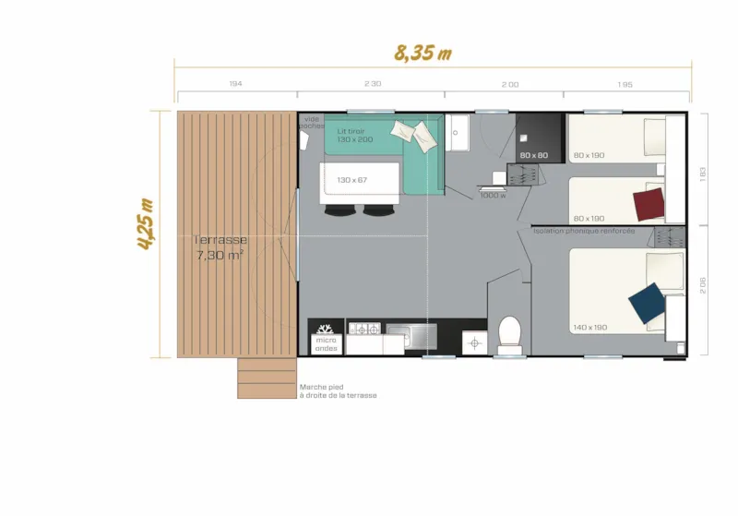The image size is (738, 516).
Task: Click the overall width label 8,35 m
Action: click(423, 53)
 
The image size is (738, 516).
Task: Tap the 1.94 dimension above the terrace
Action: click(236, 84)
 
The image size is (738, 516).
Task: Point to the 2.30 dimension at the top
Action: click(372, 84)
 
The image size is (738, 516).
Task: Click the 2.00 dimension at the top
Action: click(509, 84)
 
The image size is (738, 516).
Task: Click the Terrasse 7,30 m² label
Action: click(220, 247)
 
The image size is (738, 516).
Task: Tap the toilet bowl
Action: click(509, 331)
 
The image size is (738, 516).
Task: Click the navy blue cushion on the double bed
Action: click(646, 302)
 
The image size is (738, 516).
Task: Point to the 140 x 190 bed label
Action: click(590, 328)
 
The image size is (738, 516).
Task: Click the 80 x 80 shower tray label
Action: click(534, 155)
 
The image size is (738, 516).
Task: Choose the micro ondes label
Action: click(327, 344)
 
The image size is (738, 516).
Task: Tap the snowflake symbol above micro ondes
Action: click(325, 328)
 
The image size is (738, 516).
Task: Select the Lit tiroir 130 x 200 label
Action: click(355, 135)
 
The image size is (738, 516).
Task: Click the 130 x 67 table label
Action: click(352, 180)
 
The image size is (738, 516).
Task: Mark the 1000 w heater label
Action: click(493, 195)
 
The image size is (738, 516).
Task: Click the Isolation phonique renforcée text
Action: click(583, 231)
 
